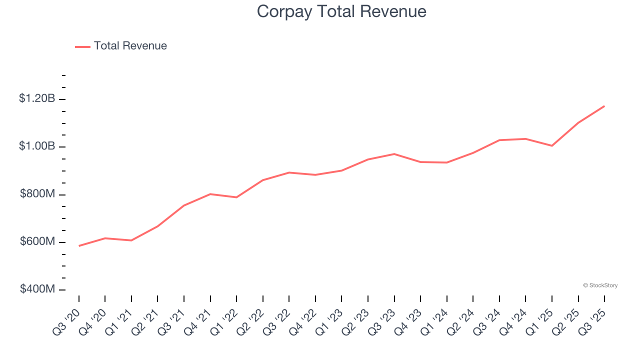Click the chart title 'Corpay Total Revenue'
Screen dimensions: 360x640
(341, 11)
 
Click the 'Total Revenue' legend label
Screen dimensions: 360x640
(130, 46)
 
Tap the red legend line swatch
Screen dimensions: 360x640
(82, 46)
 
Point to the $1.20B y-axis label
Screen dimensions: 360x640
(37, 98)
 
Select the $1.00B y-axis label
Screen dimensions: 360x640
(37, 146)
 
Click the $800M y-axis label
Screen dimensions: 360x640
(37, 194)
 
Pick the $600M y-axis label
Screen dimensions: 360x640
(37, 241)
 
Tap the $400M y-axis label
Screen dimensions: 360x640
(37, 289)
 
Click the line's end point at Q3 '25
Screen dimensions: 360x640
(604, 106)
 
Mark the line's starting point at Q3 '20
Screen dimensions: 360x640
(79, 246)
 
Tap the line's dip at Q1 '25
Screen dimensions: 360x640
(552, 146)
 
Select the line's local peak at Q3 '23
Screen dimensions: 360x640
(394, 154)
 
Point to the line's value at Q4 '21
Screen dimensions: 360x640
(210, 194)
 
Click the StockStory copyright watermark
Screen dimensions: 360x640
(600, 285)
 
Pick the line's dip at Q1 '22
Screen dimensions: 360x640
(236, 197)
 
